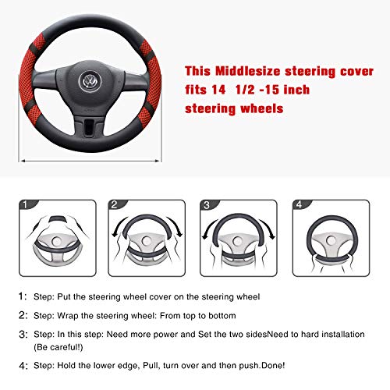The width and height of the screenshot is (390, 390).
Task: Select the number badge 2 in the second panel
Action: click(x=114, y=205)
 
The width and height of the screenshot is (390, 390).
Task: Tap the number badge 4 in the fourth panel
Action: click(x=297, y=205)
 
